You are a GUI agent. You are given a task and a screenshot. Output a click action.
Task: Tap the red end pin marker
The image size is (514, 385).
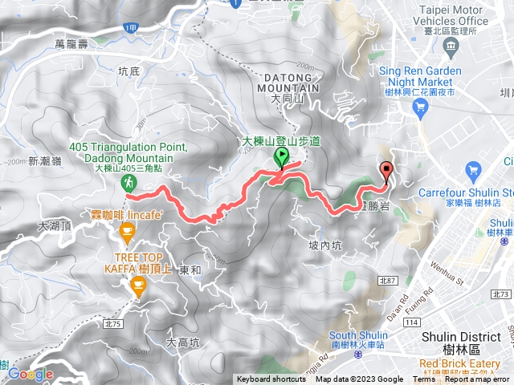coord(387,170)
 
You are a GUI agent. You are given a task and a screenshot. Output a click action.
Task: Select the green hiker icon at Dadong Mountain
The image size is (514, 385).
coord(128,184)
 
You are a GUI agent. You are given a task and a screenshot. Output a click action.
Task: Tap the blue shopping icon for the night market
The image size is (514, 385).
coord(418,106)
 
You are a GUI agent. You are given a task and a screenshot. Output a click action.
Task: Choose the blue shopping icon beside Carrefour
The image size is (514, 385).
coord(472,170)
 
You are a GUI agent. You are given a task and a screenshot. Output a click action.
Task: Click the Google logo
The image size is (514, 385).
coord(31,374)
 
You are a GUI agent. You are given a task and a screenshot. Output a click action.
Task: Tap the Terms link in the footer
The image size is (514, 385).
coord(424,379)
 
